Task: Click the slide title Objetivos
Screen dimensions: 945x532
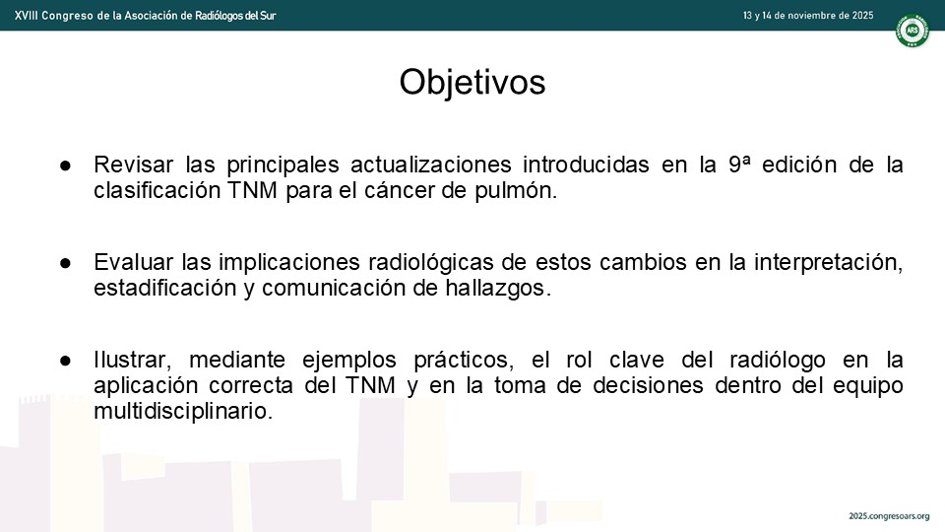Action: tap(472, 82)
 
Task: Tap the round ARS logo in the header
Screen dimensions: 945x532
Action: tap(912, 31)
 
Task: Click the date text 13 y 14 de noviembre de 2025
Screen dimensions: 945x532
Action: tap(807, 16)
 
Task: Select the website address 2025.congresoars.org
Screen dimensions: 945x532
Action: tap(889, 516)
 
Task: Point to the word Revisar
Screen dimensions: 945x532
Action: tap(133, 165)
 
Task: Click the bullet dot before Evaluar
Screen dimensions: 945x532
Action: tap(65, 263)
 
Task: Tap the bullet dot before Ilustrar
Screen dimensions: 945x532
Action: tap(65, 361)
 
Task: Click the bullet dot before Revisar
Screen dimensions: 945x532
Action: tap(65, 166)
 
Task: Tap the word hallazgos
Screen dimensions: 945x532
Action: tap(498, 289)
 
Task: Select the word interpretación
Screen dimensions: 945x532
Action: tap(828, 262)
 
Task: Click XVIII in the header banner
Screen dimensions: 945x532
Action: tap(25, 16)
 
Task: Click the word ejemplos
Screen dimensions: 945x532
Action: tap(348, 361)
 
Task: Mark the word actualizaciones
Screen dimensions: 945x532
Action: tap(431, 165)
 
